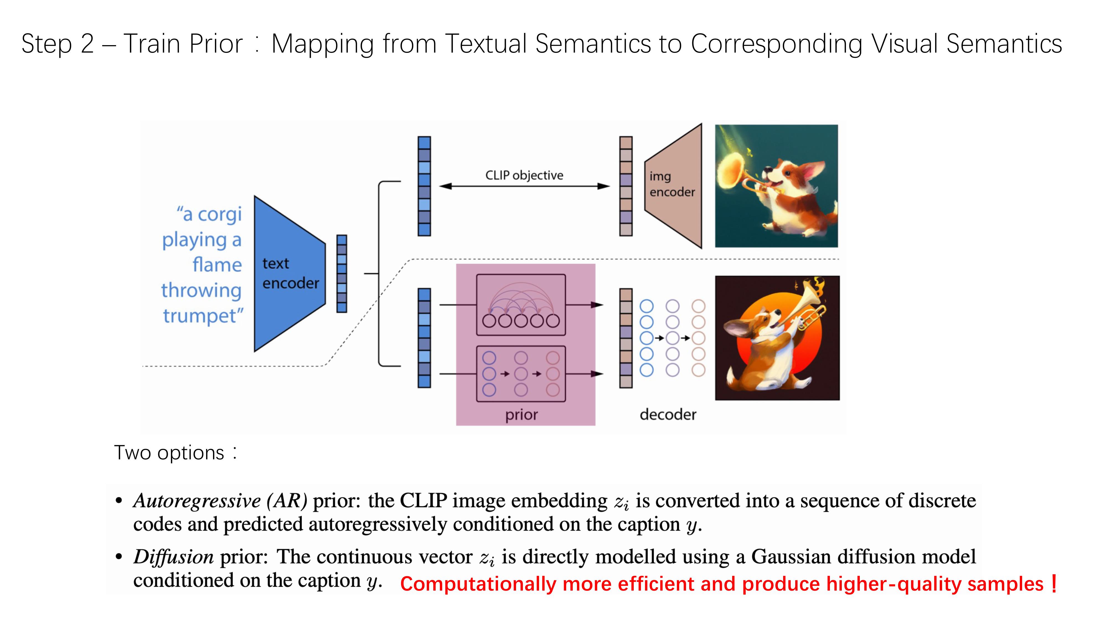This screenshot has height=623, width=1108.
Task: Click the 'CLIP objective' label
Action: pyautogui.click(x=524, y=176)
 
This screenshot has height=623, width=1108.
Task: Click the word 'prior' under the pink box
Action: pyautogui.click(x=521, y=415)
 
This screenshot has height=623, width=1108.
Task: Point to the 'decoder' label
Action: pyautogui.click(x=668, y=415)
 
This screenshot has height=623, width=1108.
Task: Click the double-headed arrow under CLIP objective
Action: pyautogui.click(x=524, y=186)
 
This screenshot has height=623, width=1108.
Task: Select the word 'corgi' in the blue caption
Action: pyautogui.click(x=219, y=214)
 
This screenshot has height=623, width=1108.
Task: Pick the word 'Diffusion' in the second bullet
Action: pyautogui.click(x=174, y=557)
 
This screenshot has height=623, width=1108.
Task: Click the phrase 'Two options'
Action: pyautogui.click(x=169, y=453)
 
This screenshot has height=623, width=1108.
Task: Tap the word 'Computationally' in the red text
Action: pyautogui.click(x=478, y=584)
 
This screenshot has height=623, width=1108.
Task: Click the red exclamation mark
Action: pyautogui.click(x=1053, y=583)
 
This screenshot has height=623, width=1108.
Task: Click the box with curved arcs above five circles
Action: pyautogui.click(x=520, y=304)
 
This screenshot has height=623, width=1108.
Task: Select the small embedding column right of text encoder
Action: pyautogui.click(x=342, y=274)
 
